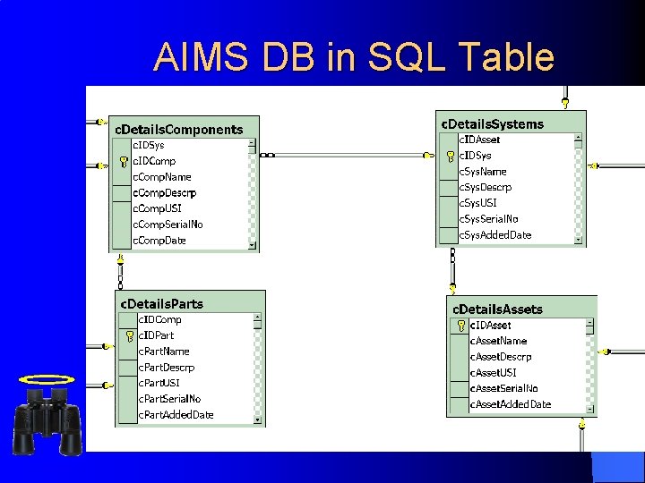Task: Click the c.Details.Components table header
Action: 178,129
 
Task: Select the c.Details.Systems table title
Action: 492,123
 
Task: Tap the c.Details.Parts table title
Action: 162,303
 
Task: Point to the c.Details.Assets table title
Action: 497,309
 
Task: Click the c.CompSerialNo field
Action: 168,225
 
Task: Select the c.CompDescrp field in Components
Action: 164,192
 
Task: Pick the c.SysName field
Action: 483,171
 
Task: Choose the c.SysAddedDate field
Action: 494,235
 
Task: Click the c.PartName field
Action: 164,352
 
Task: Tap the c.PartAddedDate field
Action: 176,415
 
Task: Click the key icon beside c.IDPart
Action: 129,336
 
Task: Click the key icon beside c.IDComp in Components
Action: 123,162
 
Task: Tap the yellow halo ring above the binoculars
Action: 46,379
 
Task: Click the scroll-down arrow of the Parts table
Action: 258,419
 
